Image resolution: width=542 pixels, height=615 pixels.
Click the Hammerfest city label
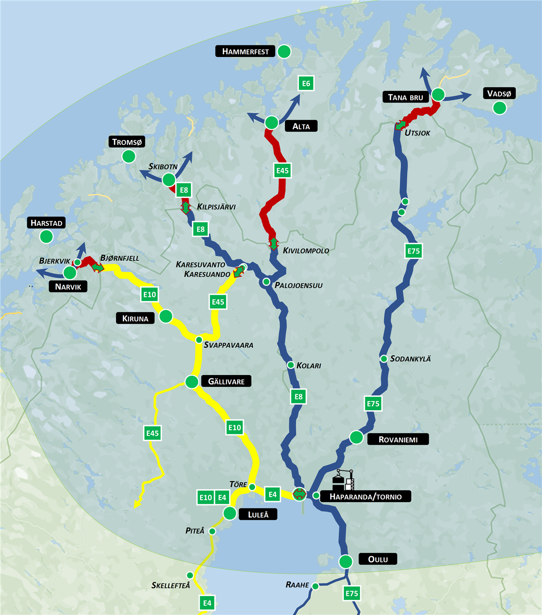point(245,52)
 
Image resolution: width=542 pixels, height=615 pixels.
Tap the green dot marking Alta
point(271,122)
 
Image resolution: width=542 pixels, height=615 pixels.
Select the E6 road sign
point(306,83)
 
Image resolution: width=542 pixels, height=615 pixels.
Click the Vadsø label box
point(499,94)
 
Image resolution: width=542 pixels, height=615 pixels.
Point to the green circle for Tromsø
point(129,156)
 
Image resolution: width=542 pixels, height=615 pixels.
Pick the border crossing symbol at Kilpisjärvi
point(186,207)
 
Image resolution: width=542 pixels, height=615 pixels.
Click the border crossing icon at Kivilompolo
point(273,243)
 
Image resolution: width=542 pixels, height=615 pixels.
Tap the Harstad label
point(46,223)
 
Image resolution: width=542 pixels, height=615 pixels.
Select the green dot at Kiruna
point(166,316)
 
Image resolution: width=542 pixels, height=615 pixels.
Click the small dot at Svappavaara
point(199,340)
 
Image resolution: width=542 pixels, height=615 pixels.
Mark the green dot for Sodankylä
point(383,359)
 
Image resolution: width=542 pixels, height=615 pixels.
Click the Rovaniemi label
point(397,439)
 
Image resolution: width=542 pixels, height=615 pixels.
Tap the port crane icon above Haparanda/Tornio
point(343,480)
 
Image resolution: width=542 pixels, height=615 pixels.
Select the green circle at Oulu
point(346,561)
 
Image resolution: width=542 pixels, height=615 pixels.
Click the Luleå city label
point(258,514)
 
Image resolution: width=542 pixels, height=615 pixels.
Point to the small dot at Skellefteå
point(190,575)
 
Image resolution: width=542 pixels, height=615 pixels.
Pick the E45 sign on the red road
point(282,170)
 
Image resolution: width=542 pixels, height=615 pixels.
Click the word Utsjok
point(417,133)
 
